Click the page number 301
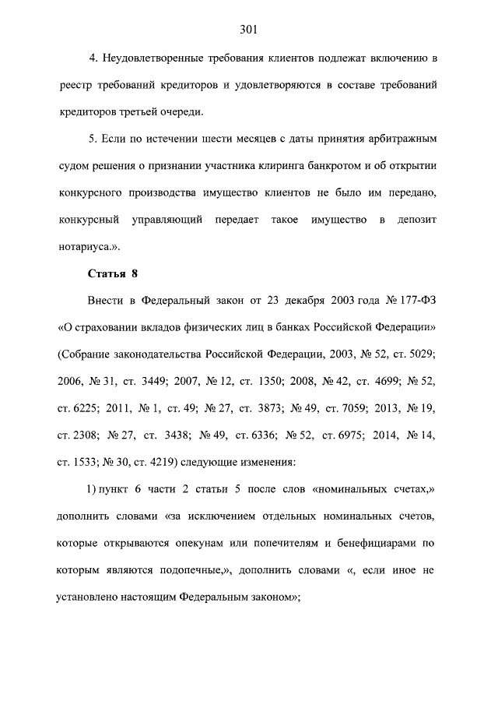pyautogui.click(x=249, y=30)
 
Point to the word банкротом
pyautogui.click(x=314, y=166)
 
